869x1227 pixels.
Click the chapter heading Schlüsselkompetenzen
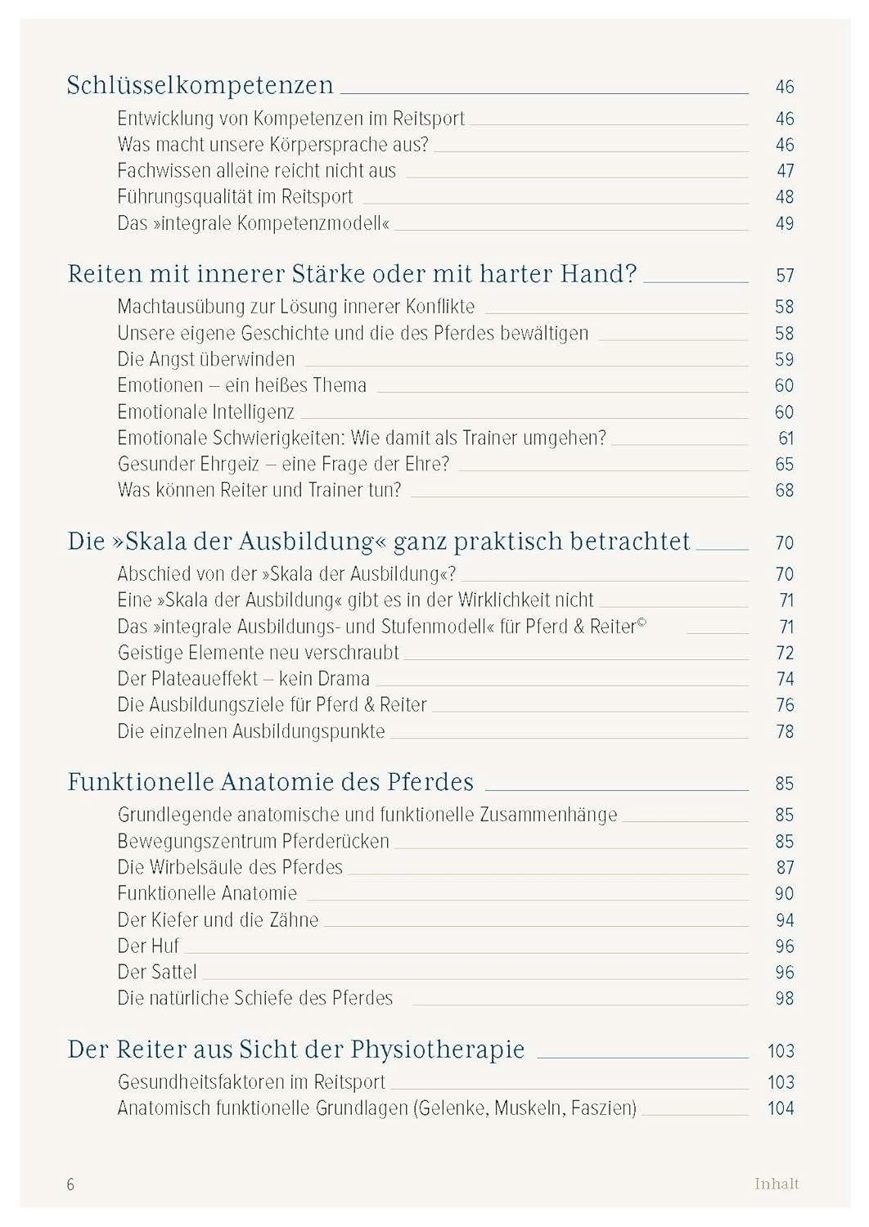[x=200, y=86]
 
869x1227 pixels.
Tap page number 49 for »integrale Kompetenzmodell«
[x=784, y=223]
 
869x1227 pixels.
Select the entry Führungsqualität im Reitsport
[x=235, y=197]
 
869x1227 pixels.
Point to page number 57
[x=784, y=276]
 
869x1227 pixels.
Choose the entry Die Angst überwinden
[x=206, y=359]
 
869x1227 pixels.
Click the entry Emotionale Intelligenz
[x=205, y=412]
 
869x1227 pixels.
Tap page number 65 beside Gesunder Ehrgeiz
[x=784, y=465]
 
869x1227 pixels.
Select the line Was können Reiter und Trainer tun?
[x=259, y=491]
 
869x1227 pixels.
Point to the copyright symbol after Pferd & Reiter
[x=642, y=623]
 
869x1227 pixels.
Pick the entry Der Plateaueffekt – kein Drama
[x=243, y=679]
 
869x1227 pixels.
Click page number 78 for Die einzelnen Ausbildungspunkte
[x=784, y=731]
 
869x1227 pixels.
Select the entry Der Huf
[x=148, y=946]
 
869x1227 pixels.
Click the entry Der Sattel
[x=157, y=973]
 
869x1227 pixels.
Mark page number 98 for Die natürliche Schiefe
[x=784, y=999]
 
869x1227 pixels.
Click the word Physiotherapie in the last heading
[x=438, y=1049]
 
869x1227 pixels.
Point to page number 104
[x=781, y=1108]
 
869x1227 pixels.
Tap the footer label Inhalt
[x=777, y=1184]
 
